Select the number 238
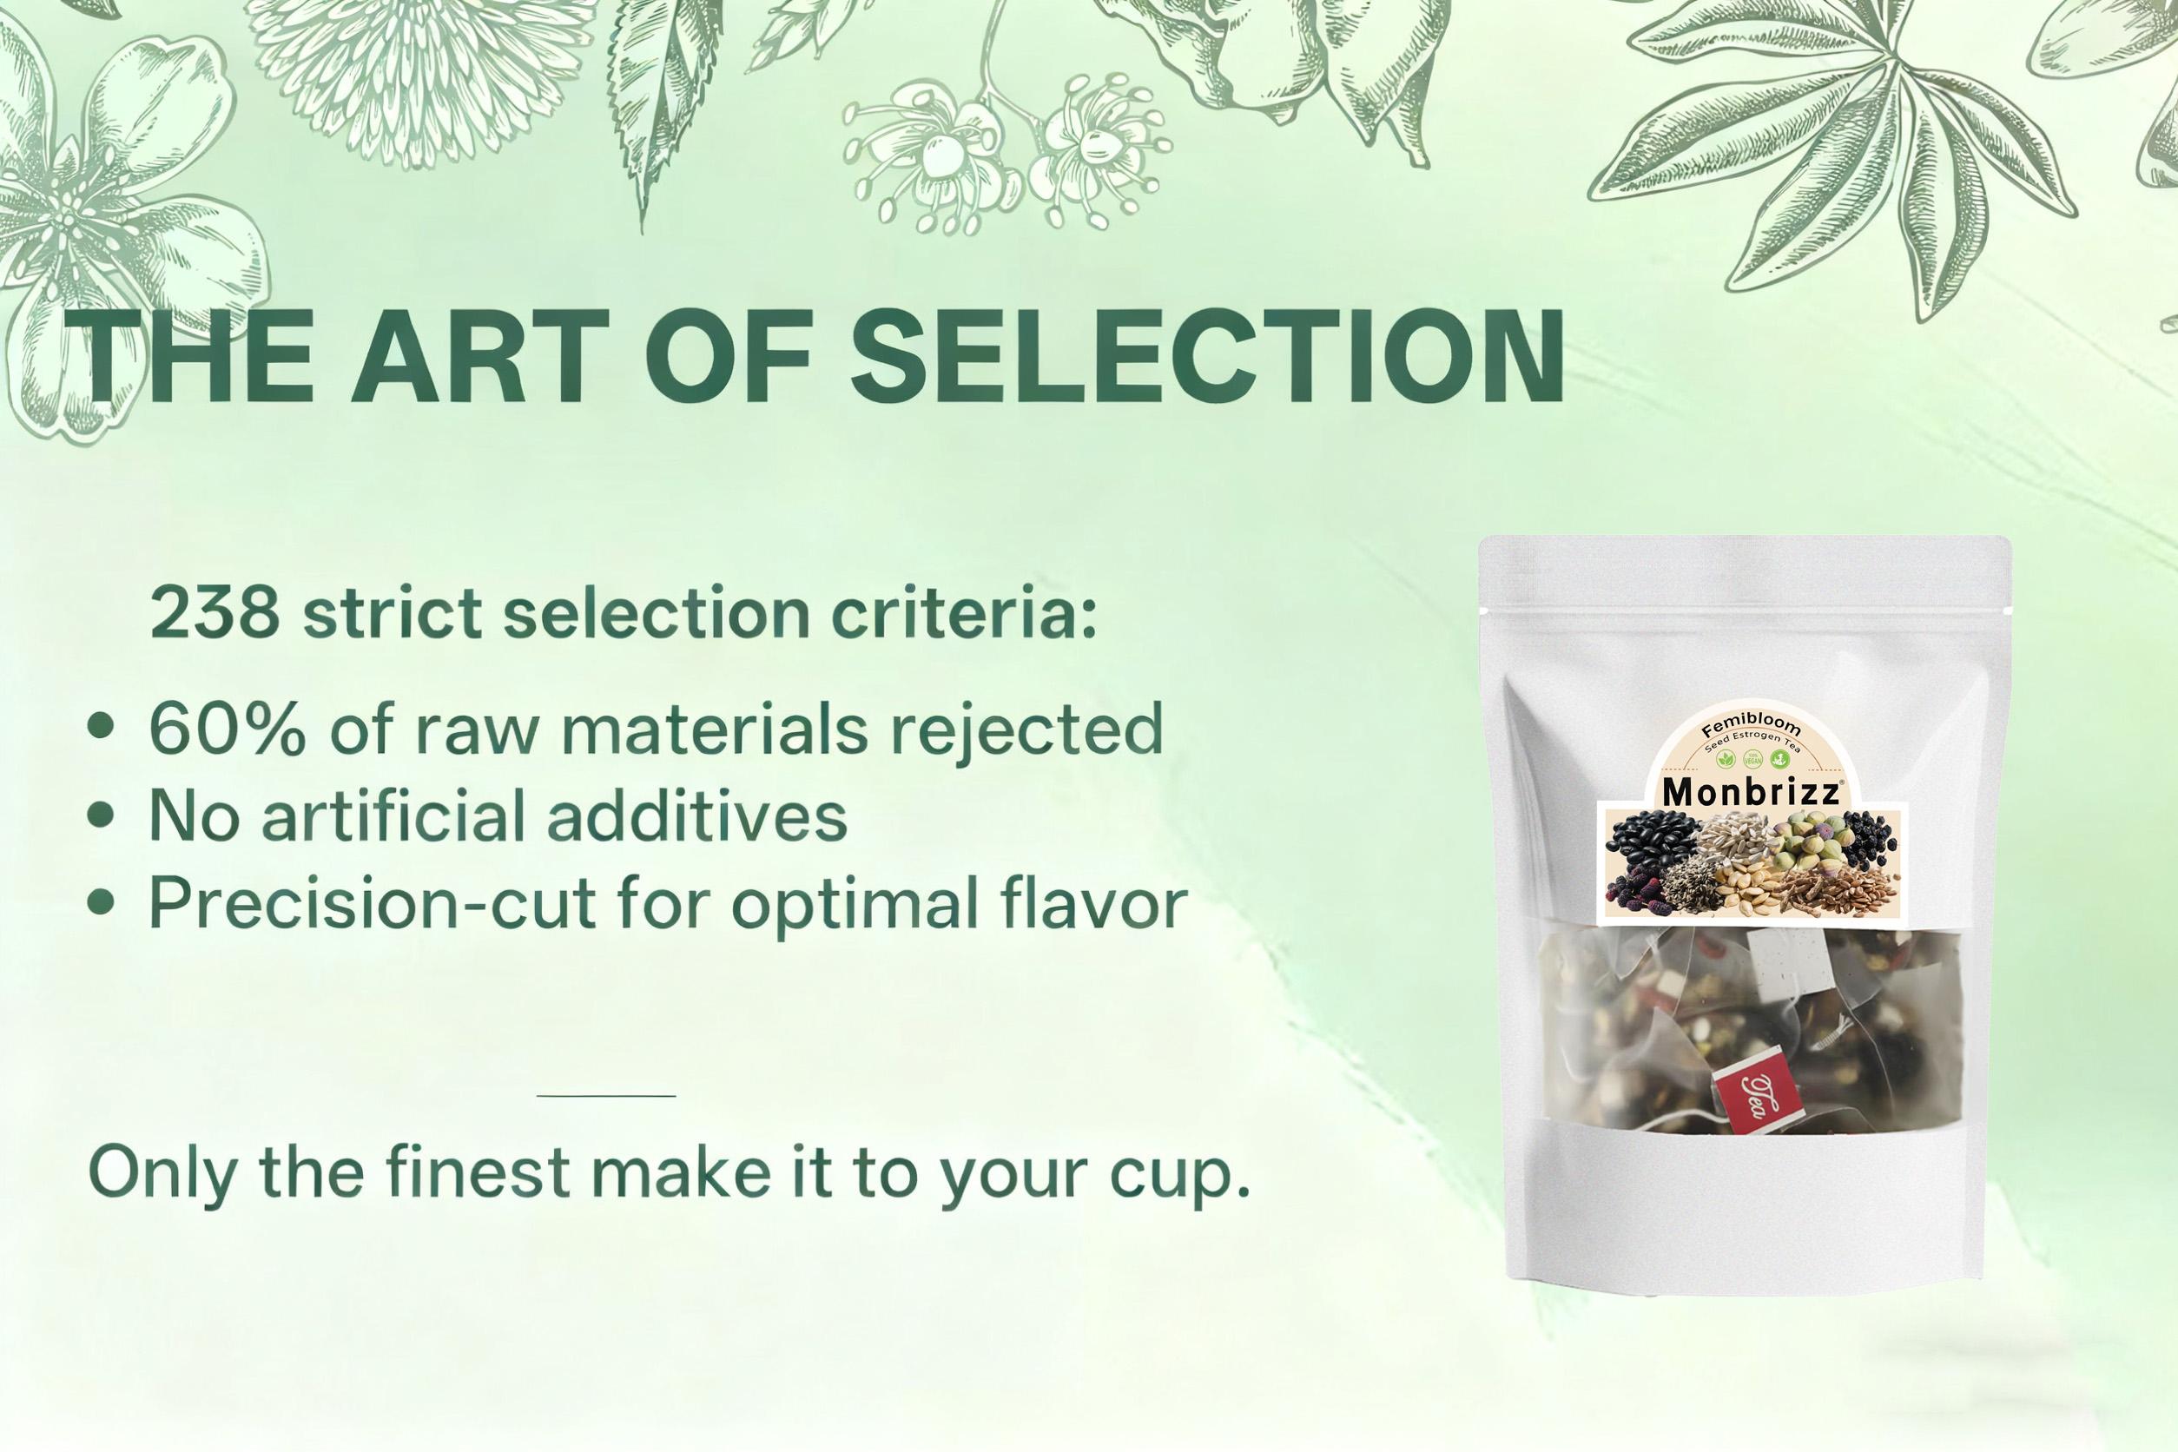pos(214,612)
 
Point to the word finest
pos(476,1170)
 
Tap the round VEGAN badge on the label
pos(1751,758)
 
